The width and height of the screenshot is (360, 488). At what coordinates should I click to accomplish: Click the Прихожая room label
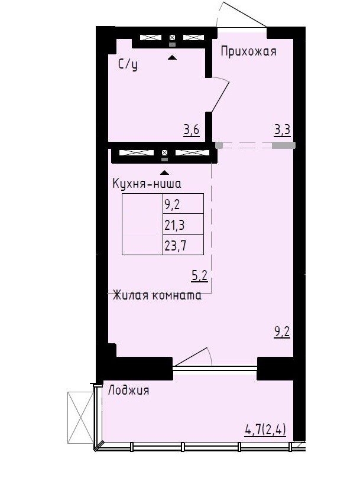[248, 51]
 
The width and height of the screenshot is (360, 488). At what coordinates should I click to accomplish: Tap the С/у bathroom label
[128, 65]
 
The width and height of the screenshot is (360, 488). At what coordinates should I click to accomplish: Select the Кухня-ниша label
[147, 184]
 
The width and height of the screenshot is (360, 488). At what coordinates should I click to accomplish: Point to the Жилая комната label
[157, 295]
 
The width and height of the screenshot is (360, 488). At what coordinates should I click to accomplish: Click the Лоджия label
[128, 391]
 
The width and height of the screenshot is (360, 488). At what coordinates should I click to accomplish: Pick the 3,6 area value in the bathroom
[191, 130]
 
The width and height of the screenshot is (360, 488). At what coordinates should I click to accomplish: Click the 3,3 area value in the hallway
[282, 130]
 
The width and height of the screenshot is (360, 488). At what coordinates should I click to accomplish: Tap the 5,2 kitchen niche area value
[199, 276]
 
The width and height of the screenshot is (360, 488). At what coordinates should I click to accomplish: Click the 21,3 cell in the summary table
[183, 224]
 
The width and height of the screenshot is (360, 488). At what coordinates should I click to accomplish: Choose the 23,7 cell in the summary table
[183, 245]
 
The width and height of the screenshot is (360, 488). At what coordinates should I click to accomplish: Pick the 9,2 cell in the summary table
[183, 204]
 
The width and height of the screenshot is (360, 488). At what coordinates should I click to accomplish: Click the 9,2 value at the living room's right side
[282, 332]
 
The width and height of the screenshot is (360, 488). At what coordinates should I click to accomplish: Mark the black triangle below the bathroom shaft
[172, 57]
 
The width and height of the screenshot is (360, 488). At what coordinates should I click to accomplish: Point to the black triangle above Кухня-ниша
[165, 173]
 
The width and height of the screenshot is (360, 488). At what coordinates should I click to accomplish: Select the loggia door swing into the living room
[193, 357]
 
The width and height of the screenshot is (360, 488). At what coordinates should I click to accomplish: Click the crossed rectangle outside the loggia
[80, 417]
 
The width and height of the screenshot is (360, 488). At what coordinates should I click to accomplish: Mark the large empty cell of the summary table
[142, 224]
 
